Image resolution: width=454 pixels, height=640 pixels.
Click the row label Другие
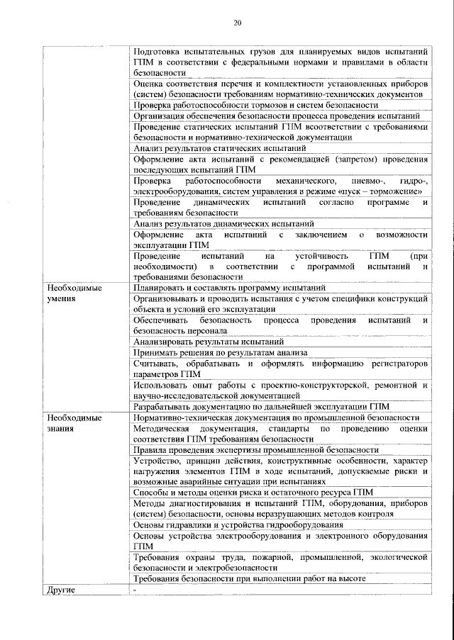click(x=61, y=589)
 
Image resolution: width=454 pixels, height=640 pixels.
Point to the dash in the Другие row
click(x=134, y=589)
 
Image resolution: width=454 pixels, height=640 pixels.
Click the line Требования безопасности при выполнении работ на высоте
click(x=249, y=579)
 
